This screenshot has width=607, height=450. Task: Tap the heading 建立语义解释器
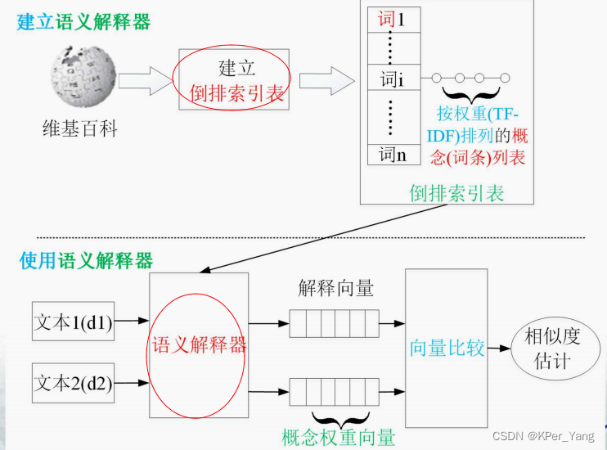(83, 21)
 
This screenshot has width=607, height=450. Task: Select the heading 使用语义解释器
(86, 261)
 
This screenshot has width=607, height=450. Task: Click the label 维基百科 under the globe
(80, 128)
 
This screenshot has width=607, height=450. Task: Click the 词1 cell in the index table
(391, 18)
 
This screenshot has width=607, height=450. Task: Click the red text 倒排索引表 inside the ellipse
(237, 93)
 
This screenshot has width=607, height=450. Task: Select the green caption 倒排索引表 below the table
(456, 193)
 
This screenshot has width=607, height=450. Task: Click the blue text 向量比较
(447, 348)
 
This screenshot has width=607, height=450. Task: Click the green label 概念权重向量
(338, 437)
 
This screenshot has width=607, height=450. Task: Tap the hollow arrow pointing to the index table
(326, 80)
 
